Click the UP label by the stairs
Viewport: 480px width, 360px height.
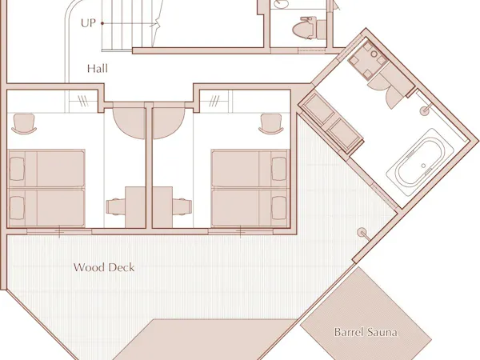(88, 23)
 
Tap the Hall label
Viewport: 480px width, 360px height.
(98, 68)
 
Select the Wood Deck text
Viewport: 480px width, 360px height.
(104, 267)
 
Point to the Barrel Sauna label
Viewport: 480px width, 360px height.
(366, 332)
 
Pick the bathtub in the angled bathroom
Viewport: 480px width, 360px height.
(420, 162)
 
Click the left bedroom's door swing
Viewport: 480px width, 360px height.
(129, 121)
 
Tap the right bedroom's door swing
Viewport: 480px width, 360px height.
(168, 121)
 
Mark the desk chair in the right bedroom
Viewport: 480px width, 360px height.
(182, 206)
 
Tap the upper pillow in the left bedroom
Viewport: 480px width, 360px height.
(17, 169)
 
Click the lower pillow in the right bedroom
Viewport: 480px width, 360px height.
(279, 208)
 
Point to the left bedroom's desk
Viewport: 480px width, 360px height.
(135, 207)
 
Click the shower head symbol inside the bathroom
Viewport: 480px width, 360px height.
(425, 110)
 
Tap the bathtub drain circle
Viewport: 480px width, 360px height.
(423, 166)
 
